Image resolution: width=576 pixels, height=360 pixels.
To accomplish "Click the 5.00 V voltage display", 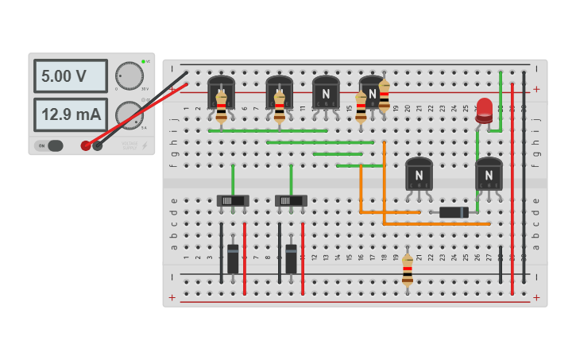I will (70, 76).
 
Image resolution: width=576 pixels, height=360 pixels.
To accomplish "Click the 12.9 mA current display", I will (70, 114).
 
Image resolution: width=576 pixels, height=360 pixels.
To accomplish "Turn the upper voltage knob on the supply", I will (129, 75).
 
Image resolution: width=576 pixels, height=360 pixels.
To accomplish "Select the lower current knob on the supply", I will (128, 114).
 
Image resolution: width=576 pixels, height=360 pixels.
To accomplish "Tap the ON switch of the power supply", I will (49, 145).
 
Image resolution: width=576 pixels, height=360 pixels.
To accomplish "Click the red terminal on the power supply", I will (86, 145).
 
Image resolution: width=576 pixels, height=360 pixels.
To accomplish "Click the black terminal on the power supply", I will (98, 145).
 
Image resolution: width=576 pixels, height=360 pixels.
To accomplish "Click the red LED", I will (485, 110).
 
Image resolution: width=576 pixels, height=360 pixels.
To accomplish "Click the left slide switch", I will (233, 201).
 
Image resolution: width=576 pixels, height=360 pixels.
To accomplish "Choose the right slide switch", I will (291, 201).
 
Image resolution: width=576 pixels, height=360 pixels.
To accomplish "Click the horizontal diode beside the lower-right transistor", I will (454, 212).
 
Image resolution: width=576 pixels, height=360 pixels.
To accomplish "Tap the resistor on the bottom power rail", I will (408, 270).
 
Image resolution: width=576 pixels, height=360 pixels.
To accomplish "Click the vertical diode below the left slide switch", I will (233, 258).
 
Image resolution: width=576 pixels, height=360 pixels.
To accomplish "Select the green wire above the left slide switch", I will (233, 179).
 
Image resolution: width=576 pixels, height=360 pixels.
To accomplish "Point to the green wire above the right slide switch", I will (291, 179).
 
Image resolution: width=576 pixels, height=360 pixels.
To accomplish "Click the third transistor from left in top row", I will (326, 91).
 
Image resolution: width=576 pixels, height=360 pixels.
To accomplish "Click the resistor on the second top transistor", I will (280, 107).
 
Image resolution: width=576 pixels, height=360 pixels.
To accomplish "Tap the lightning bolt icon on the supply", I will (144, 145).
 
